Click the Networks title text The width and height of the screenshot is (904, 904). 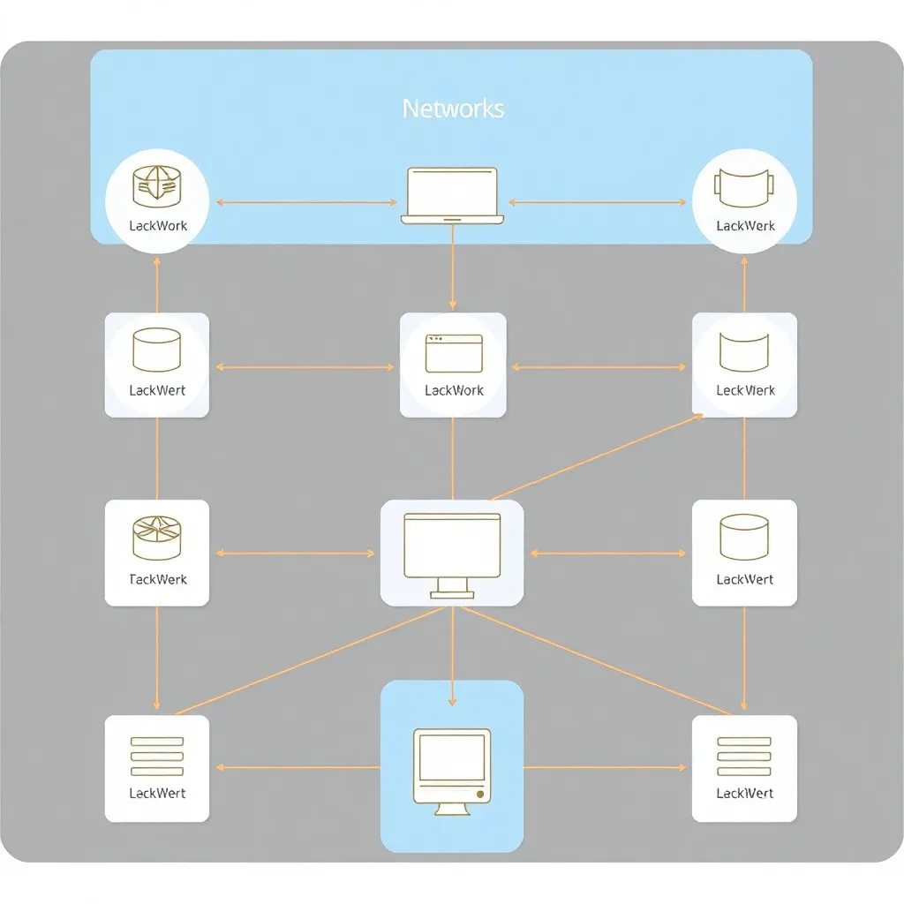453,109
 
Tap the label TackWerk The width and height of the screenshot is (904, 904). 158,580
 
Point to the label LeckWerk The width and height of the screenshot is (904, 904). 745,390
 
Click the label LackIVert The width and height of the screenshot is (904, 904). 745,794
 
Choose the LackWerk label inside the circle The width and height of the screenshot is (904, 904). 745,226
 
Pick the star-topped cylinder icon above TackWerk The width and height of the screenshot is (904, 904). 156,538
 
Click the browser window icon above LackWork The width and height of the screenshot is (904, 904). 454,353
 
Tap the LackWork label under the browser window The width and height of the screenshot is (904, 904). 454,390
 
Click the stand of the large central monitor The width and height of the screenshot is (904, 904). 452,587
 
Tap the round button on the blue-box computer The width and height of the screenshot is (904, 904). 479,795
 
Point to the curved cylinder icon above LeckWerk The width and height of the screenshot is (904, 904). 744,351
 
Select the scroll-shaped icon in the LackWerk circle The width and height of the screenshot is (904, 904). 744,186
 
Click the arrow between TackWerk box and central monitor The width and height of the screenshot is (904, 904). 295,554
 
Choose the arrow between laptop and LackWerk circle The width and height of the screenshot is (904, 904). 597,203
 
